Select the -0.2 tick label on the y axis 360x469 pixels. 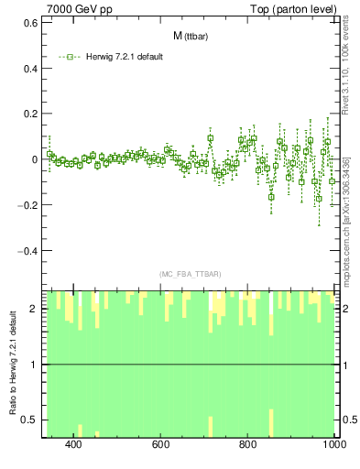(27, 204)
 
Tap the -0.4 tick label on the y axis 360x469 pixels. (27, 250)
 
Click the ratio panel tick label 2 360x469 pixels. (34, 309)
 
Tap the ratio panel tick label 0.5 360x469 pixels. (29, 420)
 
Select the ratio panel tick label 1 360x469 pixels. (34, 365)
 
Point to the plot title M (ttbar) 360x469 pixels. (189, 36)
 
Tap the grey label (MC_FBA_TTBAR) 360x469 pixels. (190, 274)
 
